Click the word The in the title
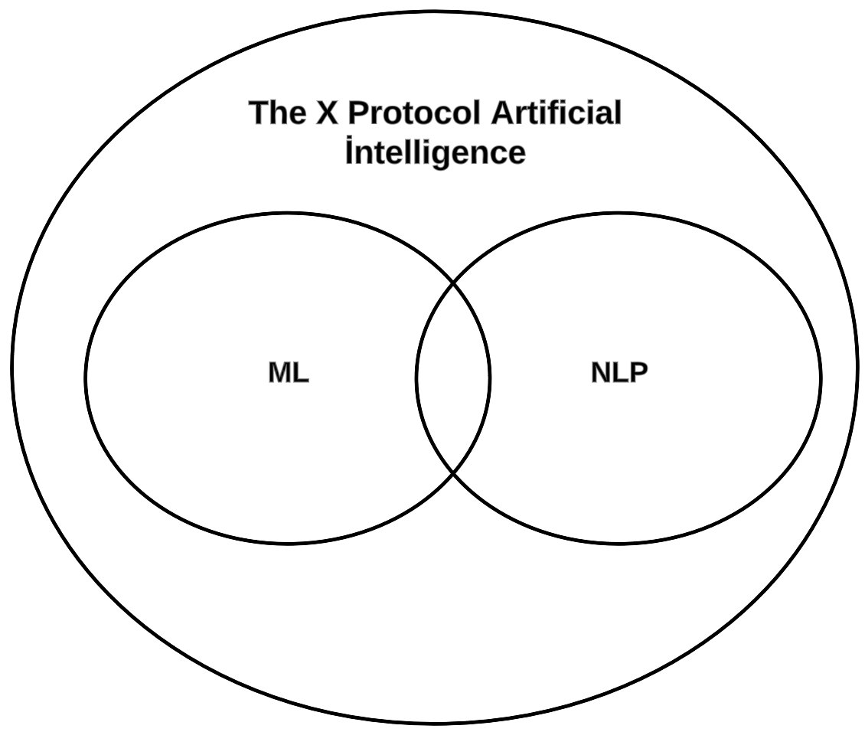tap(276, 113)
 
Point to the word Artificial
tap(556, 113)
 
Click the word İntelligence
tap(435, 152)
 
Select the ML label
tap(289, 373)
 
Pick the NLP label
tap(619, 373)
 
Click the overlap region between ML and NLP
tap(453, 377)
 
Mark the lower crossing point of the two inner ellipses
tap(453, 472)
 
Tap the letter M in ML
tap(280, 373)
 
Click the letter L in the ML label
tap(302, 373)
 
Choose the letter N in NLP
tap(601, 373)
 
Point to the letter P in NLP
tap(638, 373)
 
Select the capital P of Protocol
tap(358, 113)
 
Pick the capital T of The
tap(259, 113)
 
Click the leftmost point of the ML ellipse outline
tap(86, 377)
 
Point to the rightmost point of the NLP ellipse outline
tap(821, 377)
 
